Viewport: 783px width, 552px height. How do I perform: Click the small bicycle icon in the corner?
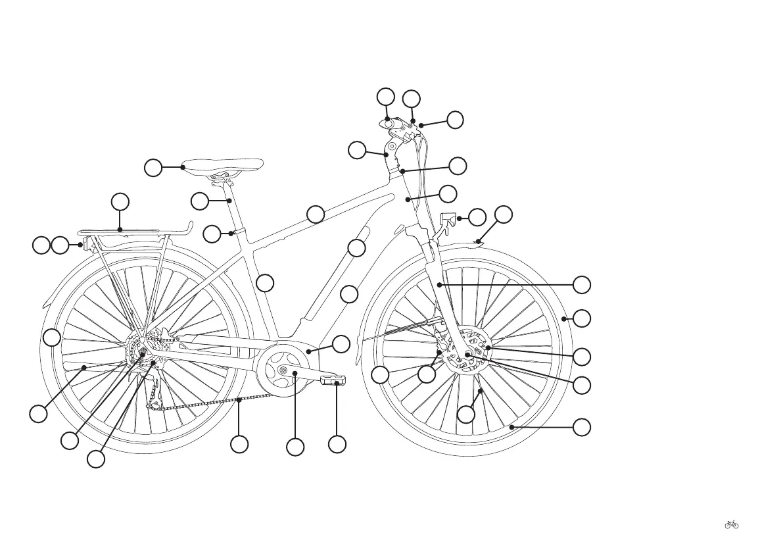(x=731, y=524)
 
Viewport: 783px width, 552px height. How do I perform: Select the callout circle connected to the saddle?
(x=153, y=168)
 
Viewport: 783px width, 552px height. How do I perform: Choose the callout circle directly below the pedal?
(x=337, y=444)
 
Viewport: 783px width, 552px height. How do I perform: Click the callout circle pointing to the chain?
(x=239, y=444)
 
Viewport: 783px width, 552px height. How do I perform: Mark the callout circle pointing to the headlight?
(x=477, y=217)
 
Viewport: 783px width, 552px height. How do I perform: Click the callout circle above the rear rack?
(x=120, y=201)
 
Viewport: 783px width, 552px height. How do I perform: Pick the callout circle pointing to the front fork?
(x=581, y=285)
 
